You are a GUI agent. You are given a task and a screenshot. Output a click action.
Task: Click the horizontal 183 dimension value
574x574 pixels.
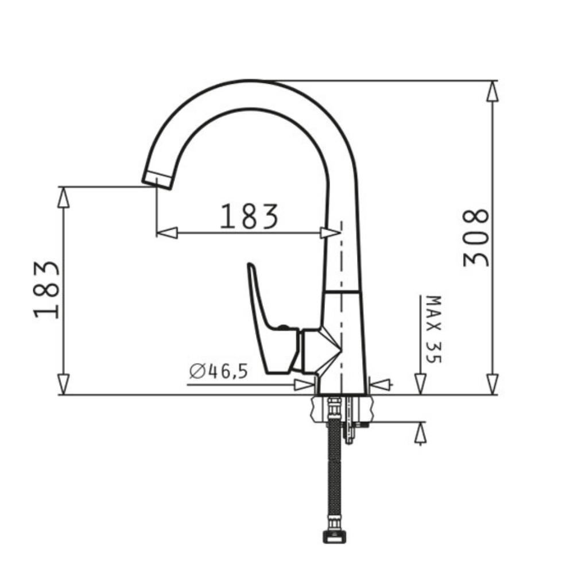249,216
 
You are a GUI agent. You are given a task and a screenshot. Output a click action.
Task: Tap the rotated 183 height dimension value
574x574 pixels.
46,289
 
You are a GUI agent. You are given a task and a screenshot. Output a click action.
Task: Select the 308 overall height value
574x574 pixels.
475,238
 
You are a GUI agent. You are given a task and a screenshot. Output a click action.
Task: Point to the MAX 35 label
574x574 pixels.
434,329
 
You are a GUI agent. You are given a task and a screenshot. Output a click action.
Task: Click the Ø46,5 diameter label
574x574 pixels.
219,371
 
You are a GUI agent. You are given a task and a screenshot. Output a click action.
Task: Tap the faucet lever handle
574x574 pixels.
274,322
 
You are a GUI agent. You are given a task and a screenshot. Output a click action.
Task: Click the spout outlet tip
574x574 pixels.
157,180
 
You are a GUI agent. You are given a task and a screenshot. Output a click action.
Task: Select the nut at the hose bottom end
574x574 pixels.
334,537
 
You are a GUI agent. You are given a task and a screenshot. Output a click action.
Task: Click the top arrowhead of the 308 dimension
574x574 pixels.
492,91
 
